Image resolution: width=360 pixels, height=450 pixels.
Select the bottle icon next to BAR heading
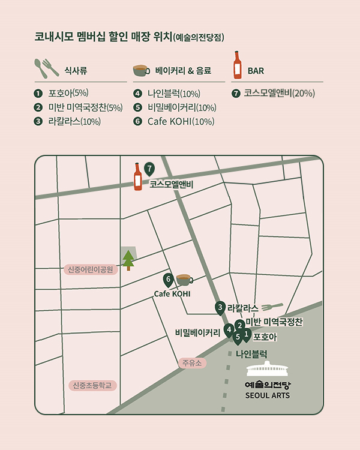pyautogui.click(x=238, y=65)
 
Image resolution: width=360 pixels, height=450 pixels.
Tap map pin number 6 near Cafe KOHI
pyautogui.click(x=169, y=279)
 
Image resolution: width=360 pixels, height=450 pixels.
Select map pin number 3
pyautogui.click(x=221, y=308)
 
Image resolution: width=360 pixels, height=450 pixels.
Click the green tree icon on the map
pyautogui.click(x=128, y=259)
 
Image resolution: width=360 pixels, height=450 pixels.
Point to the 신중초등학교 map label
pyautogui.click(x=92, y=385)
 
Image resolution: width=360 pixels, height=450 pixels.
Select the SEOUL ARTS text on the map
pyautogui.click(x=268, y=395)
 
